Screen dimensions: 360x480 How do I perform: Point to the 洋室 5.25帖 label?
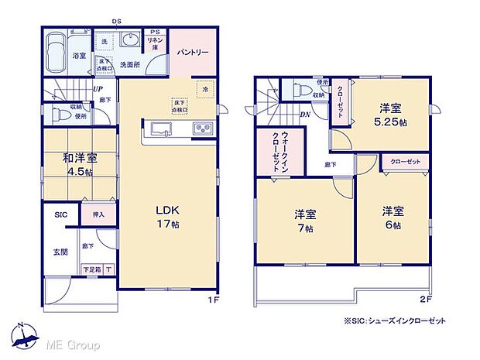(389, 116)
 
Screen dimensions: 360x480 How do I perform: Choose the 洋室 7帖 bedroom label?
(304, 219)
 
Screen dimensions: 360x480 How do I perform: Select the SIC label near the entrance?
(60, 216)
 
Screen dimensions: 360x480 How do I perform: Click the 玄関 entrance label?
(60, 252)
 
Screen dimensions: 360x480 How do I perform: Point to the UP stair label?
(99, 88)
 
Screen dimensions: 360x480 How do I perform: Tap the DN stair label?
(306, 114)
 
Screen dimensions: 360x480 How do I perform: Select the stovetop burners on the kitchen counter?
(203, 129)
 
